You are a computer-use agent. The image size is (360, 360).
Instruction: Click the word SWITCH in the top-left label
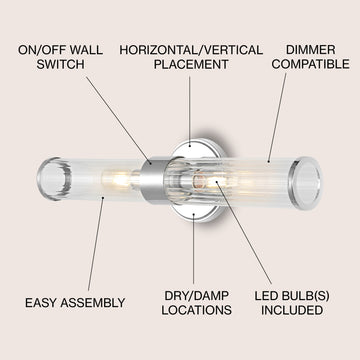60,64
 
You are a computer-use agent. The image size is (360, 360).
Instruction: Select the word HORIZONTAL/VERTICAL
191,50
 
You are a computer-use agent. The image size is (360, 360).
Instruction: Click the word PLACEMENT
191,64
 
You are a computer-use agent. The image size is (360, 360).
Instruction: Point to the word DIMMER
310,50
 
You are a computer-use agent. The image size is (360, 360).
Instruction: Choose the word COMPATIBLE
310,64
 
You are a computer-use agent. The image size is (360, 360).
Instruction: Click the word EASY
41,303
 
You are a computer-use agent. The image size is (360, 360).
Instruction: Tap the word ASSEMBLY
93,303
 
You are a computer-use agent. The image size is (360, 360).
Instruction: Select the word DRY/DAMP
197,296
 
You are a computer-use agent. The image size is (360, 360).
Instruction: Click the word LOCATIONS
197,310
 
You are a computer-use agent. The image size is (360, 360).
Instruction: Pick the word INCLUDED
292,310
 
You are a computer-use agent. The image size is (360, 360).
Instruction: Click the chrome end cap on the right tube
306,183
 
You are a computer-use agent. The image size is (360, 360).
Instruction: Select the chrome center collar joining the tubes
153,180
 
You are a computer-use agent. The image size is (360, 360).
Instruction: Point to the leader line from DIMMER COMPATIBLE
277,117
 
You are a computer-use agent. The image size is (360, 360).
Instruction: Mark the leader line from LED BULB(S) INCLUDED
244,233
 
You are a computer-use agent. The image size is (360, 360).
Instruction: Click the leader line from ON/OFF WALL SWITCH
118,120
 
